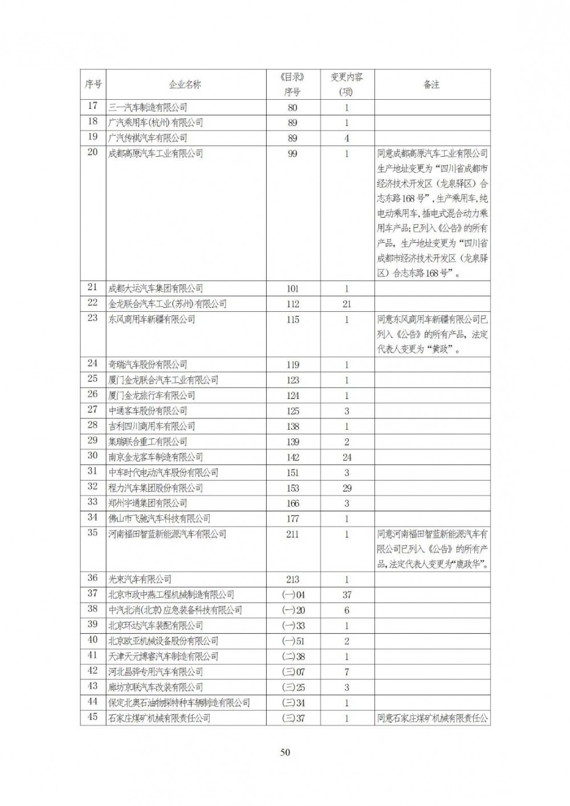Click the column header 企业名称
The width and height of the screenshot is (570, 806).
pos(185,84)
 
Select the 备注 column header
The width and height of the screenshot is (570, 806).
pos(431,84)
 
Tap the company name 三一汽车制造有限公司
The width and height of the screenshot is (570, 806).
pos(148,107)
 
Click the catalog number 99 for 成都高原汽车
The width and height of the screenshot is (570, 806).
pos(292,153)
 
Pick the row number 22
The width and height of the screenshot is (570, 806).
pos(92,303)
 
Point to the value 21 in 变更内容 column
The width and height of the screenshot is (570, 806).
pos(347,304)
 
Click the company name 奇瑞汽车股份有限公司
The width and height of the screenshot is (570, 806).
pos(148,365)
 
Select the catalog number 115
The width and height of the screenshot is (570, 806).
pos(292,319)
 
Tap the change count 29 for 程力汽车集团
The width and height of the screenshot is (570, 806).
pos(347,488)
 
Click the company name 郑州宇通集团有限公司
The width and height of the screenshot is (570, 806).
pos(148,503)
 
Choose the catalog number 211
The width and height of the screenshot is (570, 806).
pos(292,534)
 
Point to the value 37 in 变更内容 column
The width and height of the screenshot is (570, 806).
pos(347,595)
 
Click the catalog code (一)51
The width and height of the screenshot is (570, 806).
pos(293,641)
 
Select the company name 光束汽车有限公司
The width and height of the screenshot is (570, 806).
pos(140,580)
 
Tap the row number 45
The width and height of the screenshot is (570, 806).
pos(92,718)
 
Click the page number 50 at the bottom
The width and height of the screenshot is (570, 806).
pos(285,752)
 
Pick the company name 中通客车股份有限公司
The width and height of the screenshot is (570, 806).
pos(148,411)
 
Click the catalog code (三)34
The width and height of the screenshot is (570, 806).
pos(293,703)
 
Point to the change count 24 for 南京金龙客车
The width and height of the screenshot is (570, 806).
pos(347,457)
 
